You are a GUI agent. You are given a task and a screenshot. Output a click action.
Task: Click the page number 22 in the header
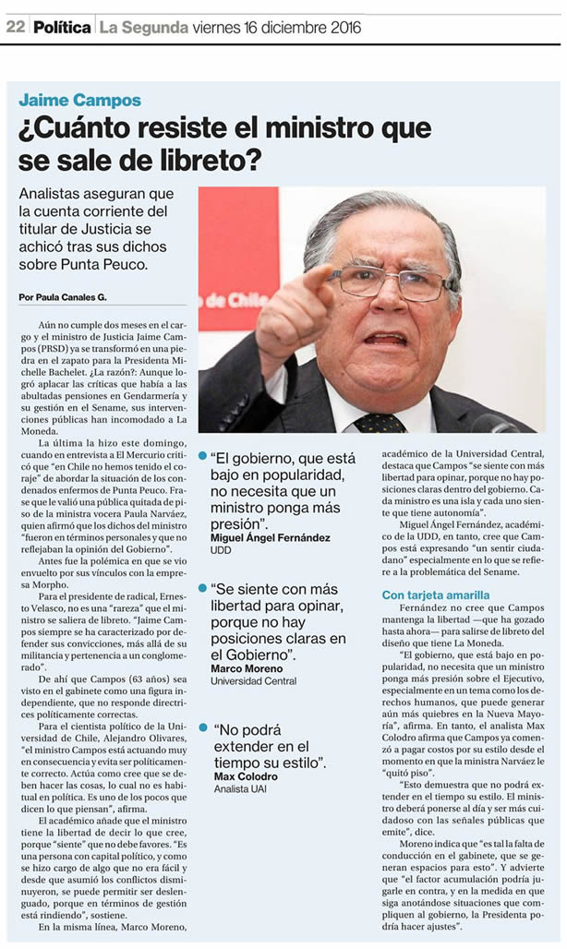click(15, 27)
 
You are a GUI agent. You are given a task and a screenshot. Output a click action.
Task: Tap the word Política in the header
click(62, 27)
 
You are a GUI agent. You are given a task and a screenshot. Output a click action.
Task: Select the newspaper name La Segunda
click(143, 27)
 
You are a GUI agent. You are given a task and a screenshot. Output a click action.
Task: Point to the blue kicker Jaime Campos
click(80, 101)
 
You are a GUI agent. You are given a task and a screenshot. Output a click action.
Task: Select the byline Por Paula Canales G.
click(62, 296)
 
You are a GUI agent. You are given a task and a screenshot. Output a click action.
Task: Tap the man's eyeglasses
click(388, 282)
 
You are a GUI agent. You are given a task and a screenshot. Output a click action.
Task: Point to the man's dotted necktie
click(380, 422)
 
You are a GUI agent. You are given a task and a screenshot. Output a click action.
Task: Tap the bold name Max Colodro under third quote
click(245, 776)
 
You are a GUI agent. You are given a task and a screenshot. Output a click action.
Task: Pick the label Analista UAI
click(239, 789)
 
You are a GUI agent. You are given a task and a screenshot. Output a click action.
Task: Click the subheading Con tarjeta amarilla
click(436, 595)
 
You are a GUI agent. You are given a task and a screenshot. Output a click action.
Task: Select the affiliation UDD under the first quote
click(223, 550)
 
